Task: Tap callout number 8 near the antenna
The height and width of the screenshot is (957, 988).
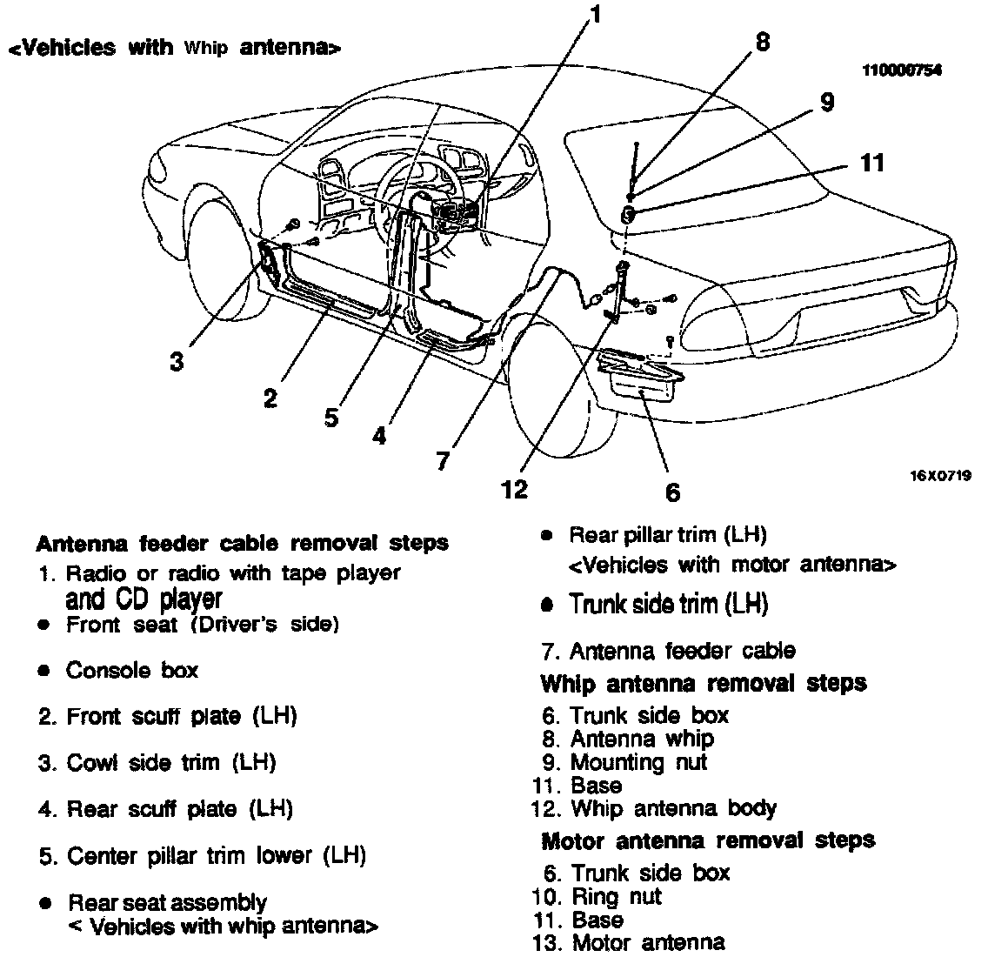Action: pyautogui.click(x=762, y=43)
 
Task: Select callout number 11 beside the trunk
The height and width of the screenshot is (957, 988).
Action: pyautogui.click(x=871, y=162)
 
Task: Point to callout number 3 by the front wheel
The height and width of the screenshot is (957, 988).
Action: pyautogui.click(x=177, y=361)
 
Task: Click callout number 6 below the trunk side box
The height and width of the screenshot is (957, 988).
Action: pyautogui.click(x=672, y=492)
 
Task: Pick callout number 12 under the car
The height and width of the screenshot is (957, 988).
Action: pyautogui.click(x=515, y=490)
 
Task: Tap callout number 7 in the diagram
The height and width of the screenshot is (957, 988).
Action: pyautogui.click(x=443, y=460)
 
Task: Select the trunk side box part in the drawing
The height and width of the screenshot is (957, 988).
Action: pyautogui.click(x=642, y=374)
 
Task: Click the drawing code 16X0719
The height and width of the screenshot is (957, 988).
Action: pyautogui.click(x=941, y=475)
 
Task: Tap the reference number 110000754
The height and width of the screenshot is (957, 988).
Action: pyautogui.click(x=901, y=70)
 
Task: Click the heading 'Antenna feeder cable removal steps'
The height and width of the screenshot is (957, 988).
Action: pyautogui.click(x=242, y=544)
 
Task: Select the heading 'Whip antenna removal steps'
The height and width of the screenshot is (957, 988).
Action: pyautogui.click(x=703, y=683)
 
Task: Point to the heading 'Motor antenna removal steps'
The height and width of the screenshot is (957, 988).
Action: pyautogui.click(x=707, y=840)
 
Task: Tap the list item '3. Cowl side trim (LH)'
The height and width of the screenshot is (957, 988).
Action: pyautogui.click(x=157, y=763)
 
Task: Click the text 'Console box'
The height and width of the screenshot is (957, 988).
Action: pyautogui.click(x=132, y=671)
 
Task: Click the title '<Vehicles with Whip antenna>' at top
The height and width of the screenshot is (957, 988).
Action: pyautogui.click(x=174, y=49)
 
